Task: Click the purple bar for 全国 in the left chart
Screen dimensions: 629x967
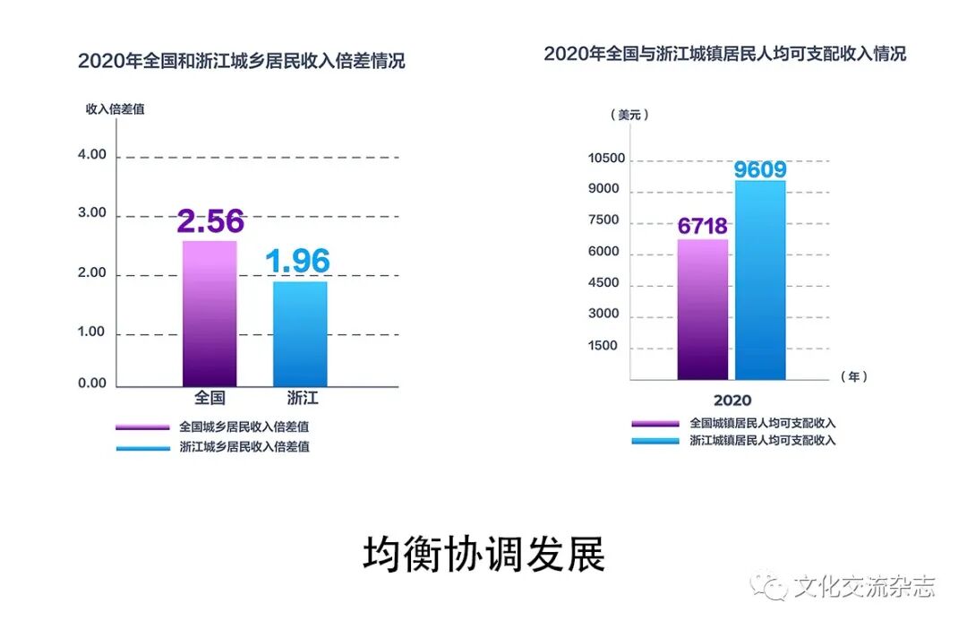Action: click(x=210, y=314)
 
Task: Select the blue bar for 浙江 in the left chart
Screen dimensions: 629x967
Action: click(x=300, y=334)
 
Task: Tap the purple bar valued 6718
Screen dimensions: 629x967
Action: click(x=702, y=309)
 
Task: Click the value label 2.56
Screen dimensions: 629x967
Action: click(x=210, y=221)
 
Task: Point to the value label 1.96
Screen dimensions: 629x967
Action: click(x=298, y=262)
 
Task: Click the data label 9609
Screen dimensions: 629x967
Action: click(x=760, y=169)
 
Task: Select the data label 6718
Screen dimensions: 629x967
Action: click(x=702, y=226)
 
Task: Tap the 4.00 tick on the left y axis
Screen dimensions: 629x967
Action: click(x=92, y=155)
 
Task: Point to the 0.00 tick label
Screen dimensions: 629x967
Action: click(x=92, y=383)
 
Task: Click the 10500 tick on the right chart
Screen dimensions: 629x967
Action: click(x=606, y=159)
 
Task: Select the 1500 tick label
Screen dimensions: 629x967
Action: click(x=603, y=346)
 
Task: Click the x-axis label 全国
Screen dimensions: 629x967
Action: click(x=210, y=398)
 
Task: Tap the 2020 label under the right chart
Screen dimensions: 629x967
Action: click(x=732, y=400)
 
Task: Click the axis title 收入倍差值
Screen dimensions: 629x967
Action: click(x=115, y=109)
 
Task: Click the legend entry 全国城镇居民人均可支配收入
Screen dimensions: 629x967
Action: click(x=762, y=423)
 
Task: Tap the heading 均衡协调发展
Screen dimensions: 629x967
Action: click(x=483, y=555)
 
